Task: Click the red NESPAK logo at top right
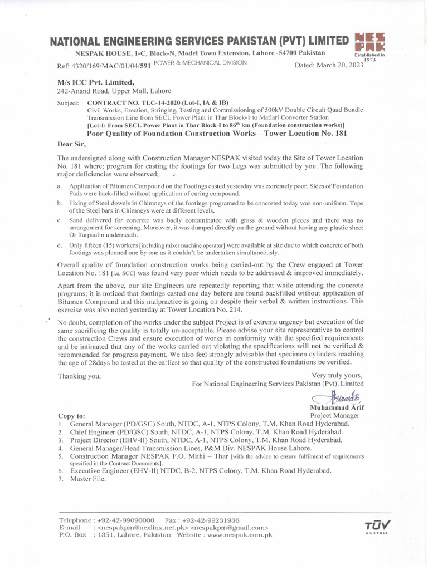pos(369,43)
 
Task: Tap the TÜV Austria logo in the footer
pos(377,525)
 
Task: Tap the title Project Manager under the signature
pos(335,416)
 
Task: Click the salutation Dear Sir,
pos(72,144)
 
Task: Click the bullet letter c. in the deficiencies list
pos(60,221)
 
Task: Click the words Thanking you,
pos(80,376)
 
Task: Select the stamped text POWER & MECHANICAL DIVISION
pos(200,63)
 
